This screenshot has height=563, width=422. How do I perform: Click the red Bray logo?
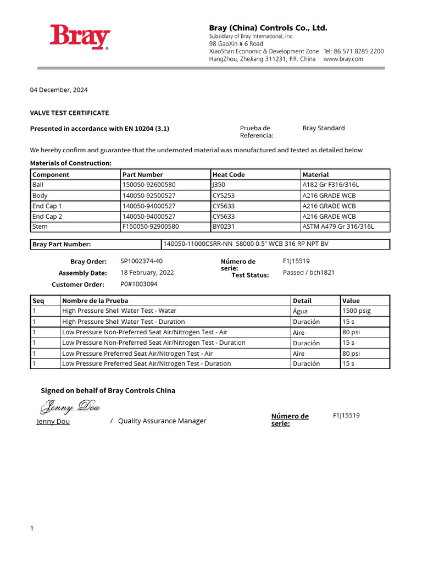(x=80, y=37)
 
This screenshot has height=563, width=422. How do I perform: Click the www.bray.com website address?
(x=343, y=59)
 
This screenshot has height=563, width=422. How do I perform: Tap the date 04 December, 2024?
(x=59, y=90)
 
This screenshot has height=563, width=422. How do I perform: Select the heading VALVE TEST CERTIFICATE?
(x=69, y=113)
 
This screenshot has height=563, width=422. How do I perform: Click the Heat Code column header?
(x=229, y=174)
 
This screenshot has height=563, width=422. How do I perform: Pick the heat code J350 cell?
(x=219, y=185)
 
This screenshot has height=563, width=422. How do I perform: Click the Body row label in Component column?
(x=40, y=195)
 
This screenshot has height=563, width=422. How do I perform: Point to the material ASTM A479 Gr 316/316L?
(x=338, y=227)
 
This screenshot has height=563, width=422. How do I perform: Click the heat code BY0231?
(x=223, y=227)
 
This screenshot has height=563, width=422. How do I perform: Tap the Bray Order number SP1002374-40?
(x=141, y=261)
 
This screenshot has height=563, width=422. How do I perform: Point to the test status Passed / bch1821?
(x=308, y=272)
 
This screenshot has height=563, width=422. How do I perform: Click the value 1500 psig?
(x=356, y=311)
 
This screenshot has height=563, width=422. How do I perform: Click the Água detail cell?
(x=301, y=311)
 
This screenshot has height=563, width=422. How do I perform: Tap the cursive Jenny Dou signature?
(x=69, y=407)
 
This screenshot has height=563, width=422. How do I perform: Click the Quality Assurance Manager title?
(x=162, y=421)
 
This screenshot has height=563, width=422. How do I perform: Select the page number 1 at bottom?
(x=32, y=528)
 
